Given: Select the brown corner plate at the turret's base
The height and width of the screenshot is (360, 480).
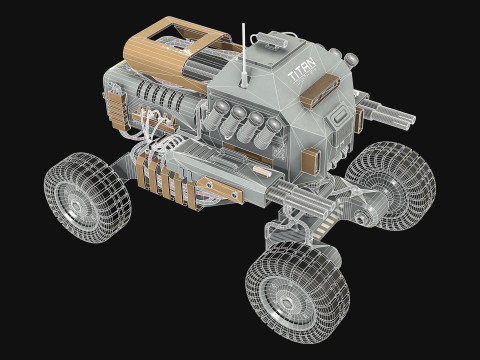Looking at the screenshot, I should coord(309,160).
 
